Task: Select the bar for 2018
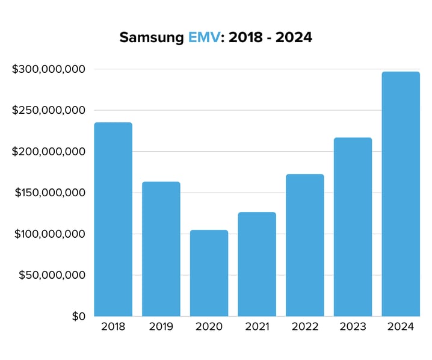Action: [113, 219]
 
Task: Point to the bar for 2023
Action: [353, 226]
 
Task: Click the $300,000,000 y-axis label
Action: [49, 69]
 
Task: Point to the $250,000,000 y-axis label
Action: [49, 110]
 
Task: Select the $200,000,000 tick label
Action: [49, 152]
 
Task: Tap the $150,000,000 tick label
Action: [49, 193]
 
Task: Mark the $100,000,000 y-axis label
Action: [49, 234]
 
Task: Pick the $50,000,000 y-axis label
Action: [52, 275]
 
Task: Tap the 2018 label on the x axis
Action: [113, 327]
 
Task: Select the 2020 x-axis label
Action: [209, 327]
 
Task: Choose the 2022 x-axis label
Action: [304, 327]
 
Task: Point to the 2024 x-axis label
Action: [401, 327]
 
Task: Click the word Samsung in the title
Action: [151, 38]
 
